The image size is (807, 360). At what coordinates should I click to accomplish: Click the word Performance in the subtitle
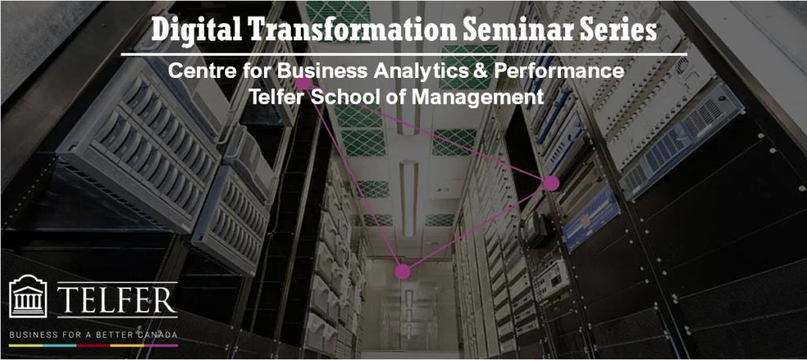(558, 72)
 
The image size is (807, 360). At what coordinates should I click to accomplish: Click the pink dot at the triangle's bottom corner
(403, 272)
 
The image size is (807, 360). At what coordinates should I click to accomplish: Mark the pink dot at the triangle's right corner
(551, 183)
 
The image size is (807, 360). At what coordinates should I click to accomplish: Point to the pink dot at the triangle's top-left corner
(303, 83)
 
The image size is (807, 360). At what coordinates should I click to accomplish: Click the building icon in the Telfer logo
(28, 296)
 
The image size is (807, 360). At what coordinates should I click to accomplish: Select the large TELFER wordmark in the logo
(117, 300)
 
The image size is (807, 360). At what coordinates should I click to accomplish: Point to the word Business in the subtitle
(318, 72)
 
